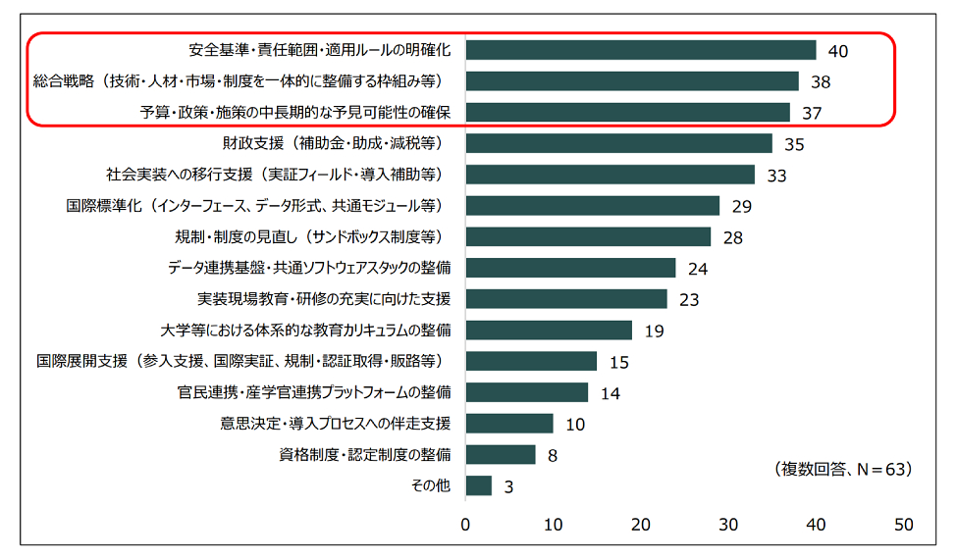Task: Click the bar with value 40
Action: point(641,50)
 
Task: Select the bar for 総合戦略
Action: point(632,81)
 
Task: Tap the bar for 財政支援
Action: point(619,143)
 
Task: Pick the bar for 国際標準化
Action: point(593,205)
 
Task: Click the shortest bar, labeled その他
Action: point(479,485)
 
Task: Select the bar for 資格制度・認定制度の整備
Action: point(501,454)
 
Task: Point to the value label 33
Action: point(777,176)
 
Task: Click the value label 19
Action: point(655,331)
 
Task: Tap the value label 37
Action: point(812,114)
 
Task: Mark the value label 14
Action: point(611,394)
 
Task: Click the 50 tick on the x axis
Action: point(904,525)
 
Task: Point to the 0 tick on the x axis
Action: point(466,525)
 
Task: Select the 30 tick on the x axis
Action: point(729,525)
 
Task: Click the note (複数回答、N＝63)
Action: point(842,469)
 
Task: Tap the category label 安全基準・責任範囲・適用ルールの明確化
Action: point(320,50)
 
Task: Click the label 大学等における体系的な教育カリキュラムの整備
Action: point(305,330)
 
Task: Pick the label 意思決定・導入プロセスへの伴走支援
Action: point(336,423)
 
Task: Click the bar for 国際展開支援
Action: point(531,361)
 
